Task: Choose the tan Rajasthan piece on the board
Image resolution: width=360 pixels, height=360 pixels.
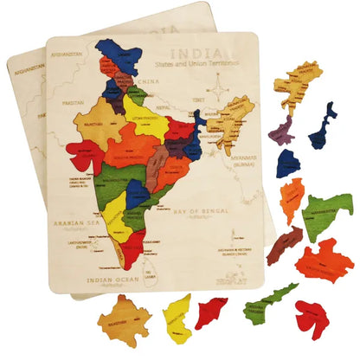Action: (97, 125)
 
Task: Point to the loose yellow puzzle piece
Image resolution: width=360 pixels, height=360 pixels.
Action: (177, 318)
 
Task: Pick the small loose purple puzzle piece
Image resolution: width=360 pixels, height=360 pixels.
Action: (281, 131)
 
